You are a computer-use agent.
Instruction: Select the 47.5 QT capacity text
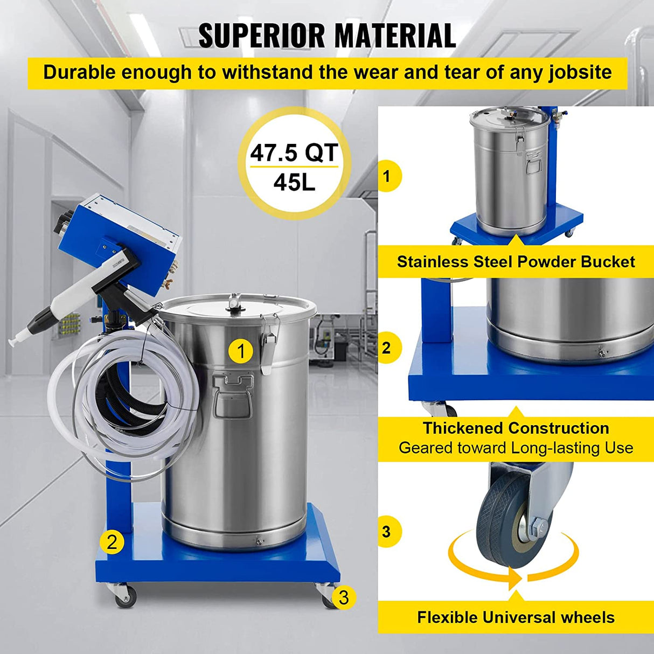pos(294,152)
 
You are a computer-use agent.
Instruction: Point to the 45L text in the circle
pos(294,183)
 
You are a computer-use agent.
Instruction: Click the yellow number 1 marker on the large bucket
pos(241,351)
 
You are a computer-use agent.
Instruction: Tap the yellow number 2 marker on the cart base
pos(112,541)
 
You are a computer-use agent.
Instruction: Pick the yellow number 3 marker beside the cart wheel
pos(344,597)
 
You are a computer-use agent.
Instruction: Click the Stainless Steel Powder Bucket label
pos(516,262)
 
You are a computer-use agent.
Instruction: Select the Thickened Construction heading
pos(516,428)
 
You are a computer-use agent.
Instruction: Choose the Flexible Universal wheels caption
pos(516,617)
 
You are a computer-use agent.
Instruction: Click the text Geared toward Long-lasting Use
pos(516,448)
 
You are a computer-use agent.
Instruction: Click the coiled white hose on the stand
pos(108,399)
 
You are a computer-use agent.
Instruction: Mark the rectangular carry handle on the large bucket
pos(233,396)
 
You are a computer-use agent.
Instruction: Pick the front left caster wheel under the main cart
pos(124,597)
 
